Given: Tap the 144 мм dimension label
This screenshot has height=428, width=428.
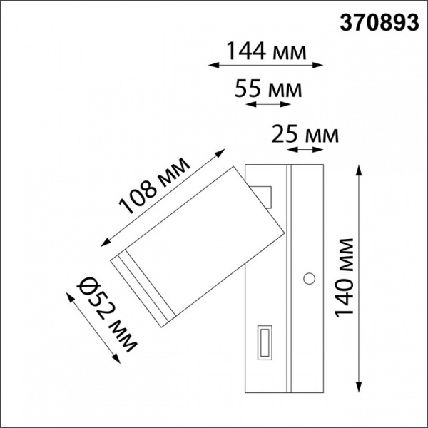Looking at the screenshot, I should tap(266, 51).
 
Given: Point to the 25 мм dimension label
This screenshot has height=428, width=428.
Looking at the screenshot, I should tap(306, 133).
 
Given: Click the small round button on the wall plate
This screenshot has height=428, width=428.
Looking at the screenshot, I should tap(310, 278).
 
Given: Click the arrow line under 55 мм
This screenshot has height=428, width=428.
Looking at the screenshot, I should tap(266, 104).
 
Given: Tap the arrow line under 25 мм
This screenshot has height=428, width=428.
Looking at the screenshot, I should tap(305, 150).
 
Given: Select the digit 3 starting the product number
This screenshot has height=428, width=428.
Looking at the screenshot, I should tap(342, 23).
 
